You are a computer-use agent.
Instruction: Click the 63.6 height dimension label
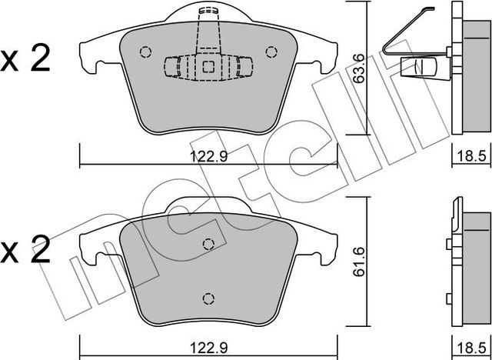click(x=358, y=68)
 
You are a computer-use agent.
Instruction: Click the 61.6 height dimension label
click(x=358, y=262)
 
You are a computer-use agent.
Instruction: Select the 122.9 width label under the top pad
click(x=208, y=156)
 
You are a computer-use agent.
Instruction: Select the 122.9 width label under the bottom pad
click(x=208, y=348)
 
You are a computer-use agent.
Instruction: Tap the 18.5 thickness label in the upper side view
click(x=471, y=156)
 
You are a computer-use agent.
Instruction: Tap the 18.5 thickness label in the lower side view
click(x=471, y=348)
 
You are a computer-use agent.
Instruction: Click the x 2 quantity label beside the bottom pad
click(x=25, y=251)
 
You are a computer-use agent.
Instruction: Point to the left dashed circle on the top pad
click(x=145, y=52)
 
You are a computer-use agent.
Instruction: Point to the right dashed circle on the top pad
click(x=271, y=52)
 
